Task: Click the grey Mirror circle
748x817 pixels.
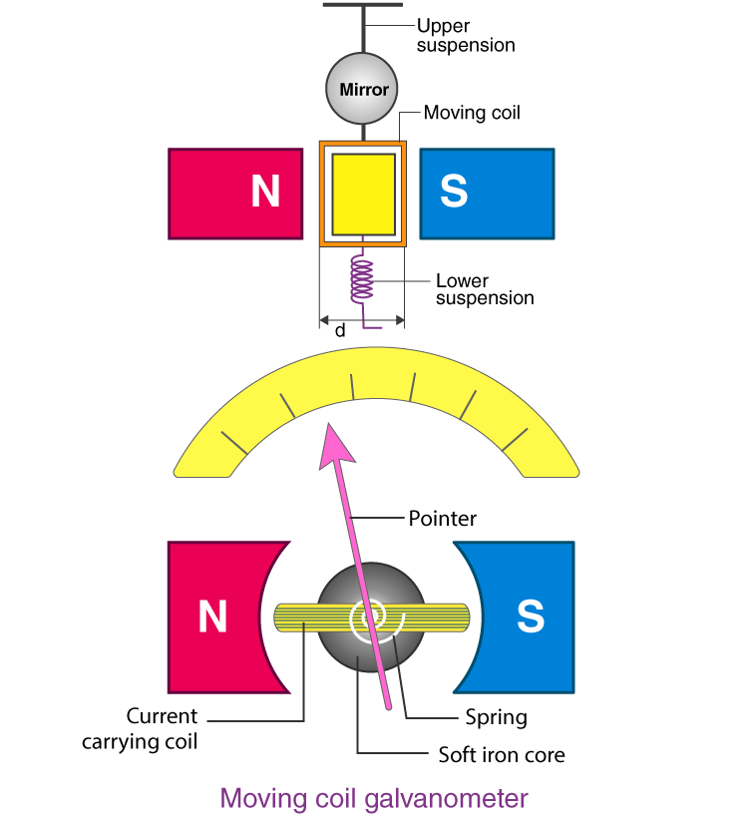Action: tap(363, 89)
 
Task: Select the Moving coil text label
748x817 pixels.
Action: tap(472, 113)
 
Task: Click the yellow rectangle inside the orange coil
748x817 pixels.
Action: tap(363, 193)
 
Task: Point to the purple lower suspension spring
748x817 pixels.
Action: tap(363, 279)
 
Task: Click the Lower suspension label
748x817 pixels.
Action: tap(484, 289)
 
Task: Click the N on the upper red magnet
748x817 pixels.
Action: tap(265, 193)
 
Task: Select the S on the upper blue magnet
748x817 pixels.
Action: tap(454, 193)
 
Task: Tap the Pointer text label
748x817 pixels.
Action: tap(443, 519)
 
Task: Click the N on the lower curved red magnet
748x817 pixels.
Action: tap(212, 617)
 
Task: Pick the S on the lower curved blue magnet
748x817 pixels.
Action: tap(531, 617)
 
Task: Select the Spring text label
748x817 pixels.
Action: tap(496, 717)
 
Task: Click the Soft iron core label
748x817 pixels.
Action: tap(502, 755)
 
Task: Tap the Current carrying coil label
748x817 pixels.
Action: tap(162, 728)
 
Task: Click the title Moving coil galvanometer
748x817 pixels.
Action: tap(374, 798)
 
